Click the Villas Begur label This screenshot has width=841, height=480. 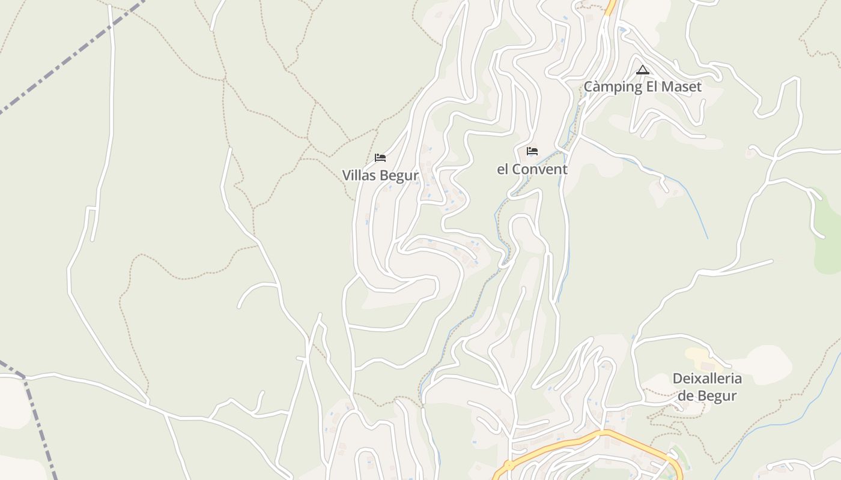pyautogui.click(x=380, y=175)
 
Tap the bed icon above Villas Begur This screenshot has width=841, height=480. pyautogui.click(x=380, y=158)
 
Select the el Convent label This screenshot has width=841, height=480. pyautogui.click(x=532, y=169)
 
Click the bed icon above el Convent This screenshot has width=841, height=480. pyautogui.click(x=532, y=151)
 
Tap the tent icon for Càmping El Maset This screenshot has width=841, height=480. pyautogui.click(x=643, y=70)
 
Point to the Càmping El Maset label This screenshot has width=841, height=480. pyautogui.click(x=643, y=87)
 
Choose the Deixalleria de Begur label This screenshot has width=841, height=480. pyautogui.click(x=706, y=387)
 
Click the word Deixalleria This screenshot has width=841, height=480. pyautogui.click(x=706, y=379)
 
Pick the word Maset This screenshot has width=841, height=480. pyautogui.click(x=681, y=87)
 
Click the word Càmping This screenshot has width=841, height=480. pyautogui.click(x=613, y=87)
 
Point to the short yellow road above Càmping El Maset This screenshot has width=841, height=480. pyautogui.click(x=612, y=7)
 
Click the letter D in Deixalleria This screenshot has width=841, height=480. pyautogui.click(x=676, y=379)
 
